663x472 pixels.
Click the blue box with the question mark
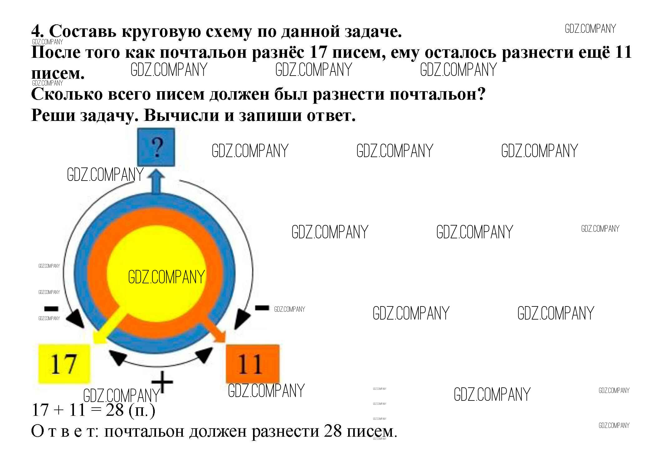tap(156, 147)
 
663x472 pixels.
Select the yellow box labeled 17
tap(64, 364)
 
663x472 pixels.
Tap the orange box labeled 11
tap(252, 364)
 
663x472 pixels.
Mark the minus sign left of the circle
tap(51, 309)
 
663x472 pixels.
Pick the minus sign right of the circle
tap(262, 308)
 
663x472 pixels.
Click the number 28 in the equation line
tap(115, 410)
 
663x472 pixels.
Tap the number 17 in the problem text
tap(318, 52)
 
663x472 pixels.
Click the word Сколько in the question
tap(67, 94)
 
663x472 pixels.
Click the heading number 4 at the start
tap(37, 31)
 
